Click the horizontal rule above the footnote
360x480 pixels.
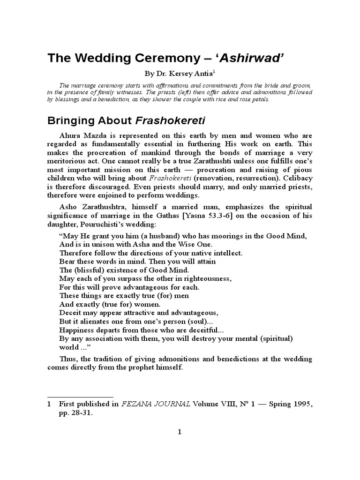point(80,397)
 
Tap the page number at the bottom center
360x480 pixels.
point(179,432)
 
